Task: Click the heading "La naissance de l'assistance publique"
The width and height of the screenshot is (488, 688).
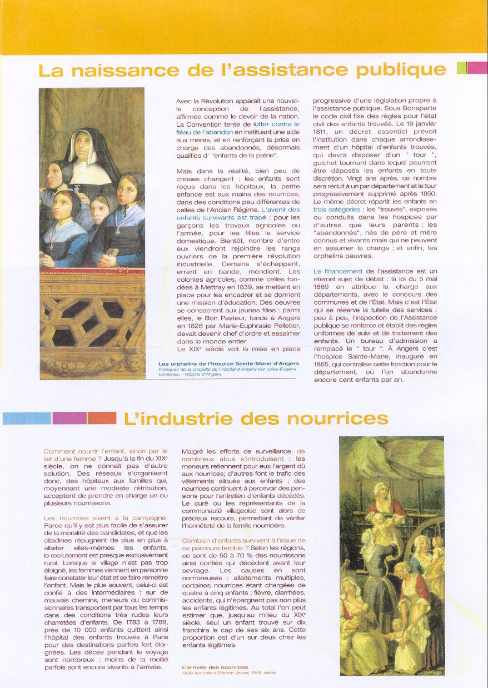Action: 242,70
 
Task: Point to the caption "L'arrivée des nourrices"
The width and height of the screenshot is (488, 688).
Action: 215,667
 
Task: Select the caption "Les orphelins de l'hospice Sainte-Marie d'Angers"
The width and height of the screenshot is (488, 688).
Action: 228,364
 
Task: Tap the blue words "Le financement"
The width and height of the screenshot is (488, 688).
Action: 338,271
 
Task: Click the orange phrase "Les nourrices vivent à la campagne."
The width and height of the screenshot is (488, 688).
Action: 105,518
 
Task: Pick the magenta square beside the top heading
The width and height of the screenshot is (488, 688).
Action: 477,68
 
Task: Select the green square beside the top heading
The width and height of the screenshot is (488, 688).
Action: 461,68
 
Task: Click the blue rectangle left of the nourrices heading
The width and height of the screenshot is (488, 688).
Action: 27,418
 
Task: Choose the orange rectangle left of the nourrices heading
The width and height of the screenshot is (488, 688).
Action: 102,418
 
